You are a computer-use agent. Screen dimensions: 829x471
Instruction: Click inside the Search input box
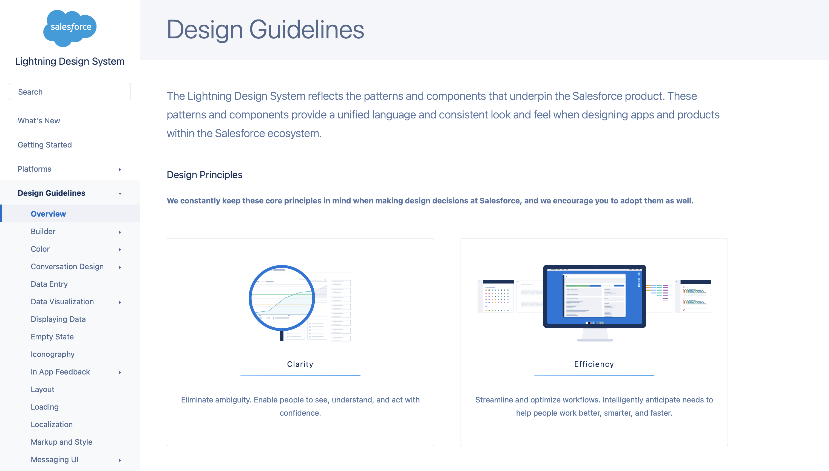[70, 92]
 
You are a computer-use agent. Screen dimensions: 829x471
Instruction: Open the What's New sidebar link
[39, 121]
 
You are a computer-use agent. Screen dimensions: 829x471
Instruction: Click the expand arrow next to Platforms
[120, 169]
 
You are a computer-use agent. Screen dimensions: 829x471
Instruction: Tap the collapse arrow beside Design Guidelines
[120, 194]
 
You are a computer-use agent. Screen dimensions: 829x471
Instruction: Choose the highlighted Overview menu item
[48, 214]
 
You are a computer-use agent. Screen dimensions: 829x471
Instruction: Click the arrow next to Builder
[120, 232]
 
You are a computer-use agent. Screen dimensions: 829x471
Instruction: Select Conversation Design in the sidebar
[67, 266]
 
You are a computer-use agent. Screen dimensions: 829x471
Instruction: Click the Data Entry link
[49, 284]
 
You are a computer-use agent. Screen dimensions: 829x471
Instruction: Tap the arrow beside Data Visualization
[120, 302]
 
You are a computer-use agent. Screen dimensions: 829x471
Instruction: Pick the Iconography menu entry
[53, 354]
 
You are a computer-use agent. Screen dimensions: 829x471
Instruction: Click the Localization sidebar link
[52, 424]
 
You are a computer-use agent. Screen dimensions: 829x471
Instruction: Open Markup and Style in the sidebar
[61, 442]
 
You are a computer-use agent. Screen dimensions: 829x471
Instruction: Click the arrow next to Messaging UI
[120, 460]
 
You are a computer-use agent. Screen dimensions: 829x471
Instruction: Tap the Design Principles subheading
[205, 175]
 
